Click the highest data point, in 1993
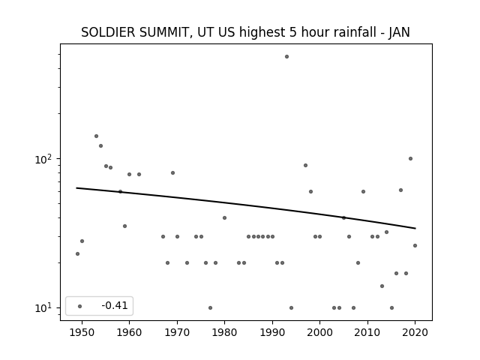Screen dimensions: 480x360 click(286, 57)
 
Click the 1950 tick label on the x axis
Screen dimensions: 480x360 click(82, 332)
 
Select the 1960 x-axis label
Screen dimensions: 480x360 click(129, 332)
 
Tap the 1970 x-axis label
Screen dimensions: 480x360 click(177, 332)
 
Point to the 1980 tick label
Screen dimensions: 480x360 click(224, 332)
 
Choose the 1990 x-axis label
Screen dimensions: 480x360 click(272, 332)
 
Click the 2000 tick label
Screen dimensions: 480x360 click(319, 332)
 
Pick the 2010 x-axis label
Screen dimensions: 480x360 click(367, 332)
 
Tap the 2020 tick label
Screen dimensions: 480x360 click(415, 332)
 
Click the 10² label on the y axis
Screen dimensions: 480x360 click(45, 159)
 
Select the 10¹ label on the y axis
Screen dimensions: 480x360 click(45, 308)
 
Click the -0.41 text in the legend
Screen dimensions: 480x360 click(115, 305)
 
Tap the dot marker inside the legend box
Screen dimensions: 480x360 click(79, 306)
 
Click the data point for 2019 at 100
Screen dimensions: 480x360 click(410, 158)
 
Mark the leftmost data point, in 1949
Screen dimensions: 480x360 click(77, 253)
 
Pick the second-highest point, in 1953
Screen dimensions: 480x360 click(96, 136)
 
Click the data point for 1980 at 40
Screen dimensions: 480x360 click(224, 218)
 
